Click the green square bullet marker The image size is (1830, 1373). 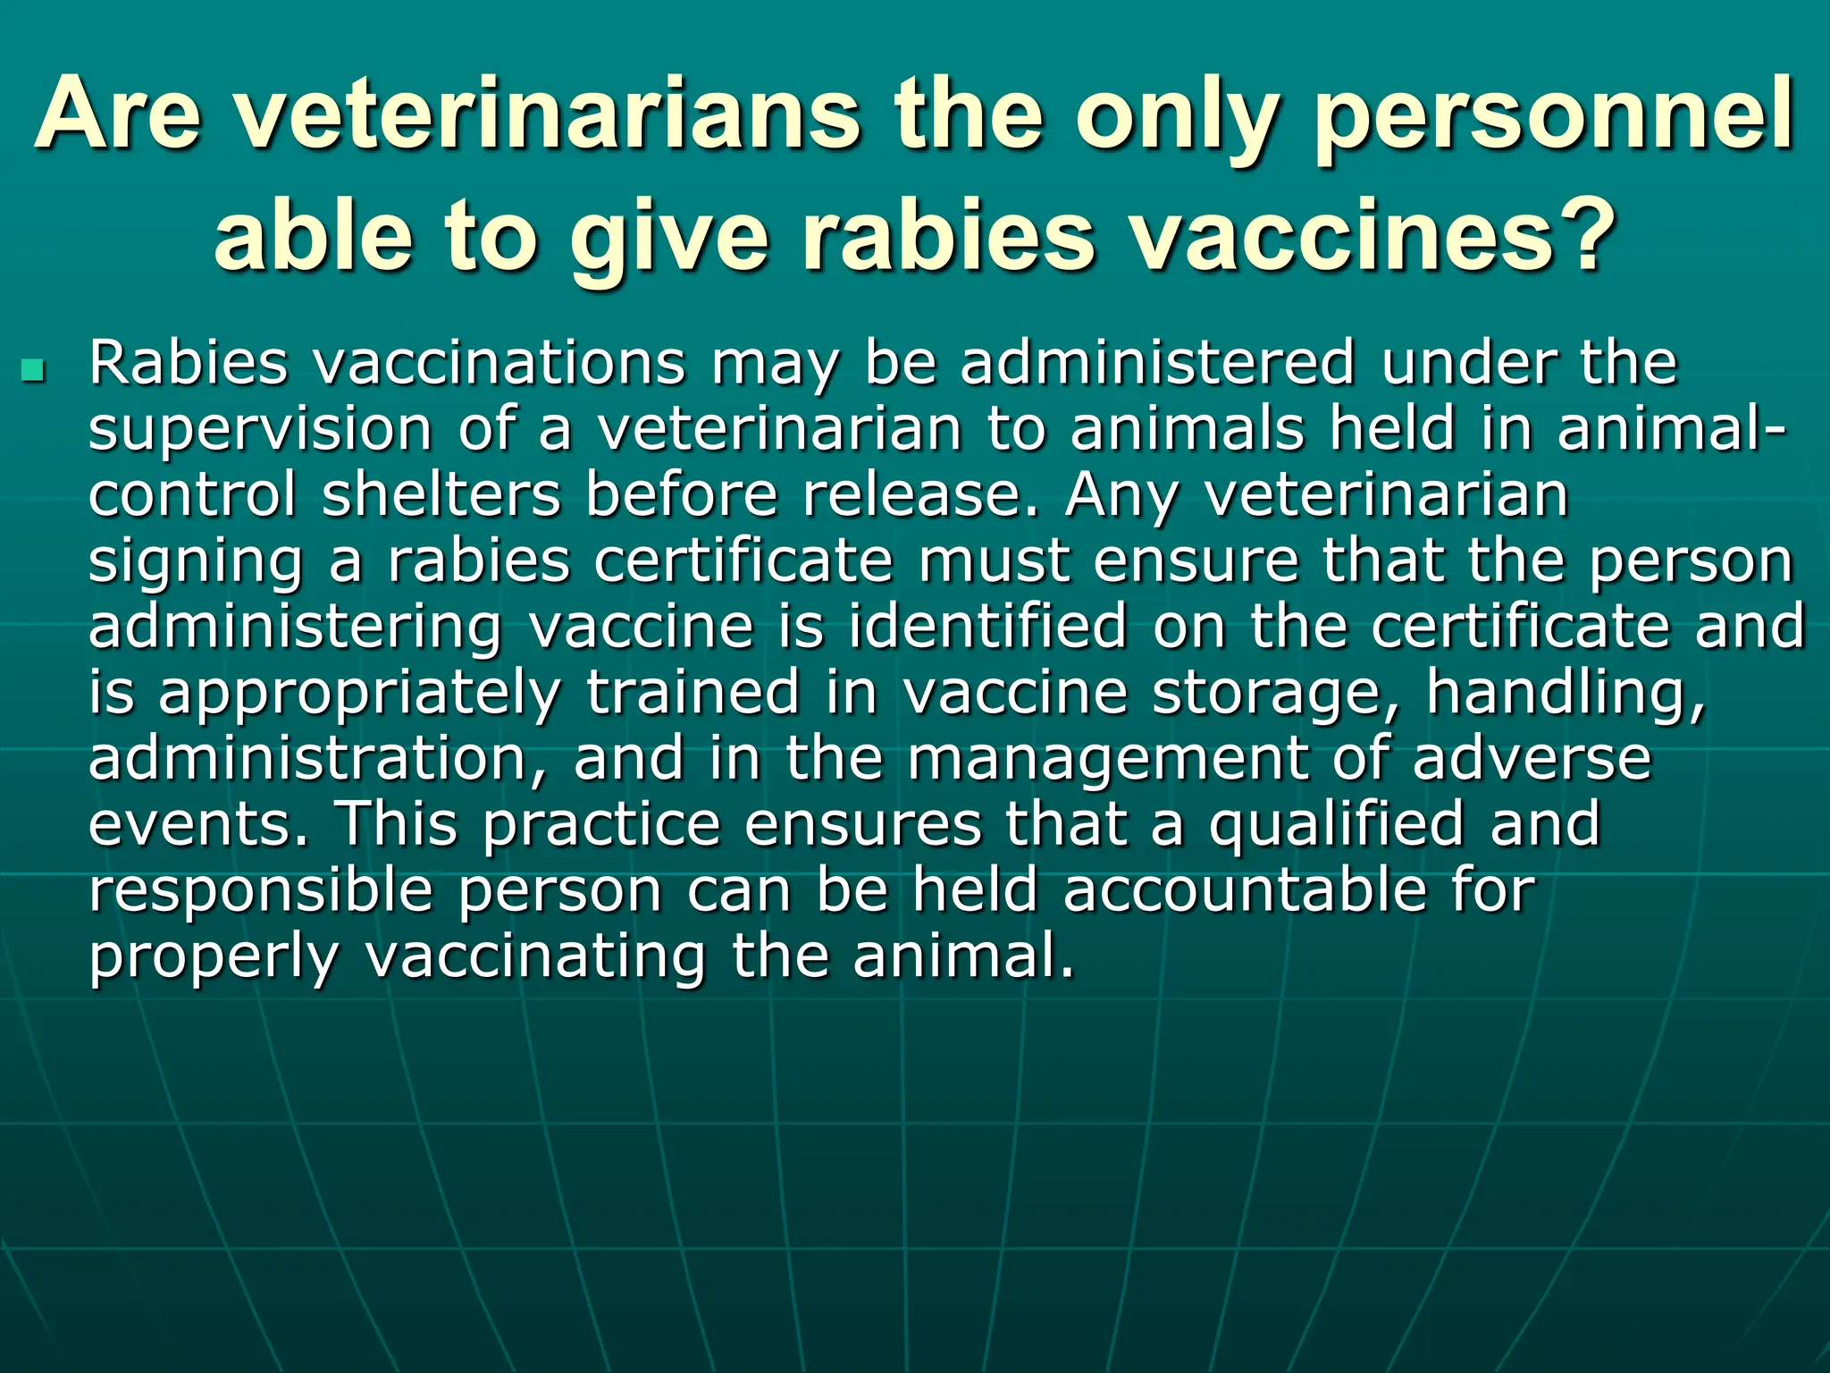[x=33, y=367]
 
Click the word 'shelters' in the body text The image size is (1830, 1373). [x=441, y=494]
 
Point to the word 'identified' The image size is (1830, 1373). [x=987, y=627]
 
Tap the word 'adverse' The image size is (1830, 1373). [x=1532, y=758]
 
